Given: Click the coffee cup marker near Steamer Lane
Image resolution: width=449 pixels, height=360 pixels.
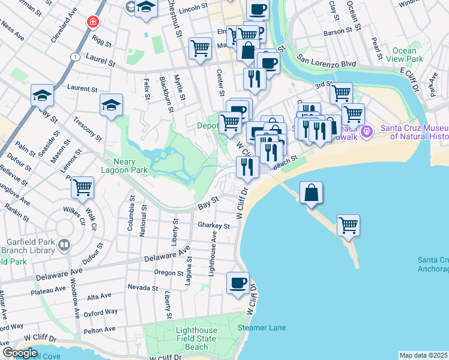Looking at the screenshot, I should [x=238, y=282].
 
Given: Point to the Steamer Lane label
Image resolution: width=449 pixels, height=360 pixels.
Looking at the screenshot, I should [x=261, y=328].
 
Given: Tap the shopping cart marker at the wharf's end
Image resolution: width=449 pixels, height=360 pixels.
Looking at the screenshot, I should [x=348, y=226].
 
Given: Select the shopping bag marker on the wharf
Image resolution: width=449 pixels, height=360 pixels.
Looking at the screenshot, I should [x=311, y=193].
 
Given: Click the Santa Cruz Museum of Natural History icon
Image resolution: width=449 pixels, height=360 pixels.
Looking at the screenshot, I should [x=369, y=130].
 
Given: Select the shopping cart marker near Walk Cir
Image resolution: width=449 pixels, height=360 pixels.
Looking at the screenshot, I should [x=82, y=187].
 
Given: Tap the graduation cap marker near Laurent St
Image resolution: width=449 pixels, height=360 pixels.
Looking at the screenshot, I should [x=111, y=105].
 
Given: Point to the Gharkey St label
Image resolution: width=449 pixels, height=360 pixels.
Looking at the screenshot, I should [x=214, y=226].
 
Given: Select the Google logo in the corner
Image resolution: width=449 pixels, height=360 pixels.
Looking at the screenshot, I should [x=20, y=353].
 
